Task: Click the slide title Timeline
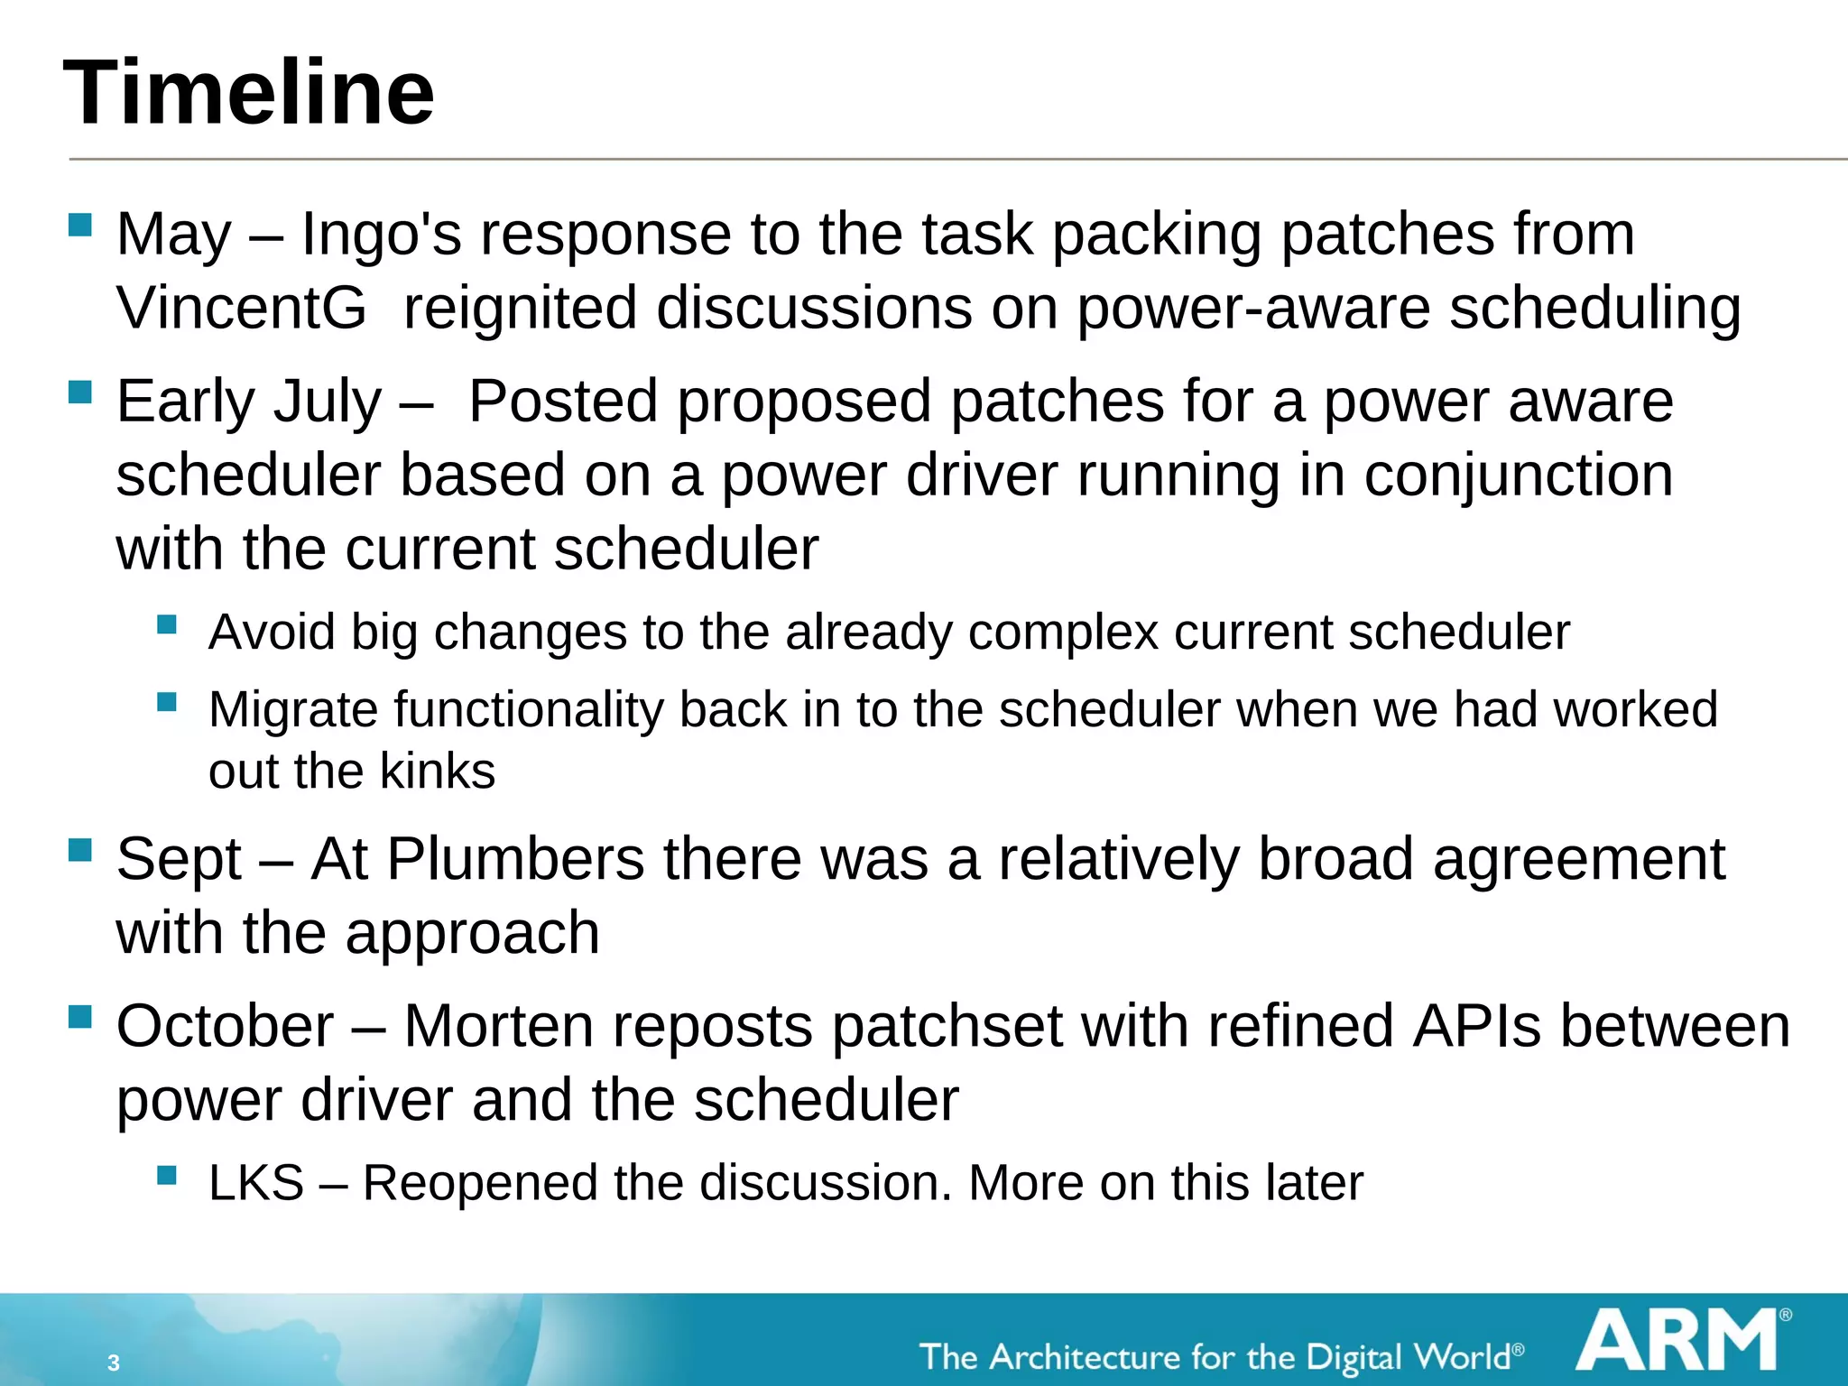pos(249,92)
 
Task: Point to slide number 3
pos(113,1363)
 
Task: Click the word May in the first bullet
pos(174,235)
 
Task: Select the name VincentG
pos(242,309)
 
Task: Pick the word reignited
pos(520,309)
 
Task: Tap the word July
pos(328,402)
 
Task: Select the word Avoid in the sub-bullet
pos(272,632)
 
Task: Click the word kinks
pos(437,772)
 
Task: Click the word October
pos(225,1026)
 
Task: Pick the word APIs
pos(1476,1026)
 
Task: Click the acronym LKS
pos(256,1183)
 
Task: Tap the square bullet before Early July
pos(80,392)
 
